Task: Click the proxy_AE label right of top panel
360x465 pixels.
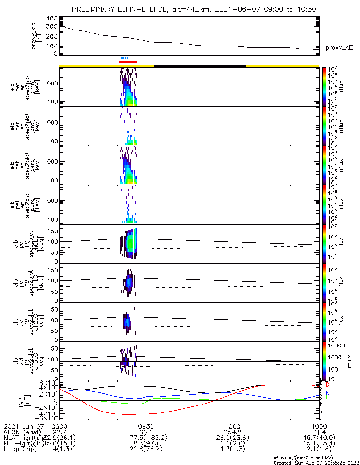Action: (x=338, y=48)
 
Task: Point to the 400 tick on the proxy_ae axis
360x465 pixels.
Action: (x=52, y=18)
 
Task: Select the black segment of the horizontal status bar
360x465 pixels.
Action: (x=199, y=66)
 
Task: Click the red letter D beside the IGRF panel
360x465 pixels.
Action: (x=328, y=385)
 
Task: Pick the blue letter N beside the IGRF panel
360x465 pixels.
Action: (x=328, y=393)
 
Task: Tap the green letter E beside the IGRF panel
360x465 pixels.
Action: (x=328, y=398)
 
